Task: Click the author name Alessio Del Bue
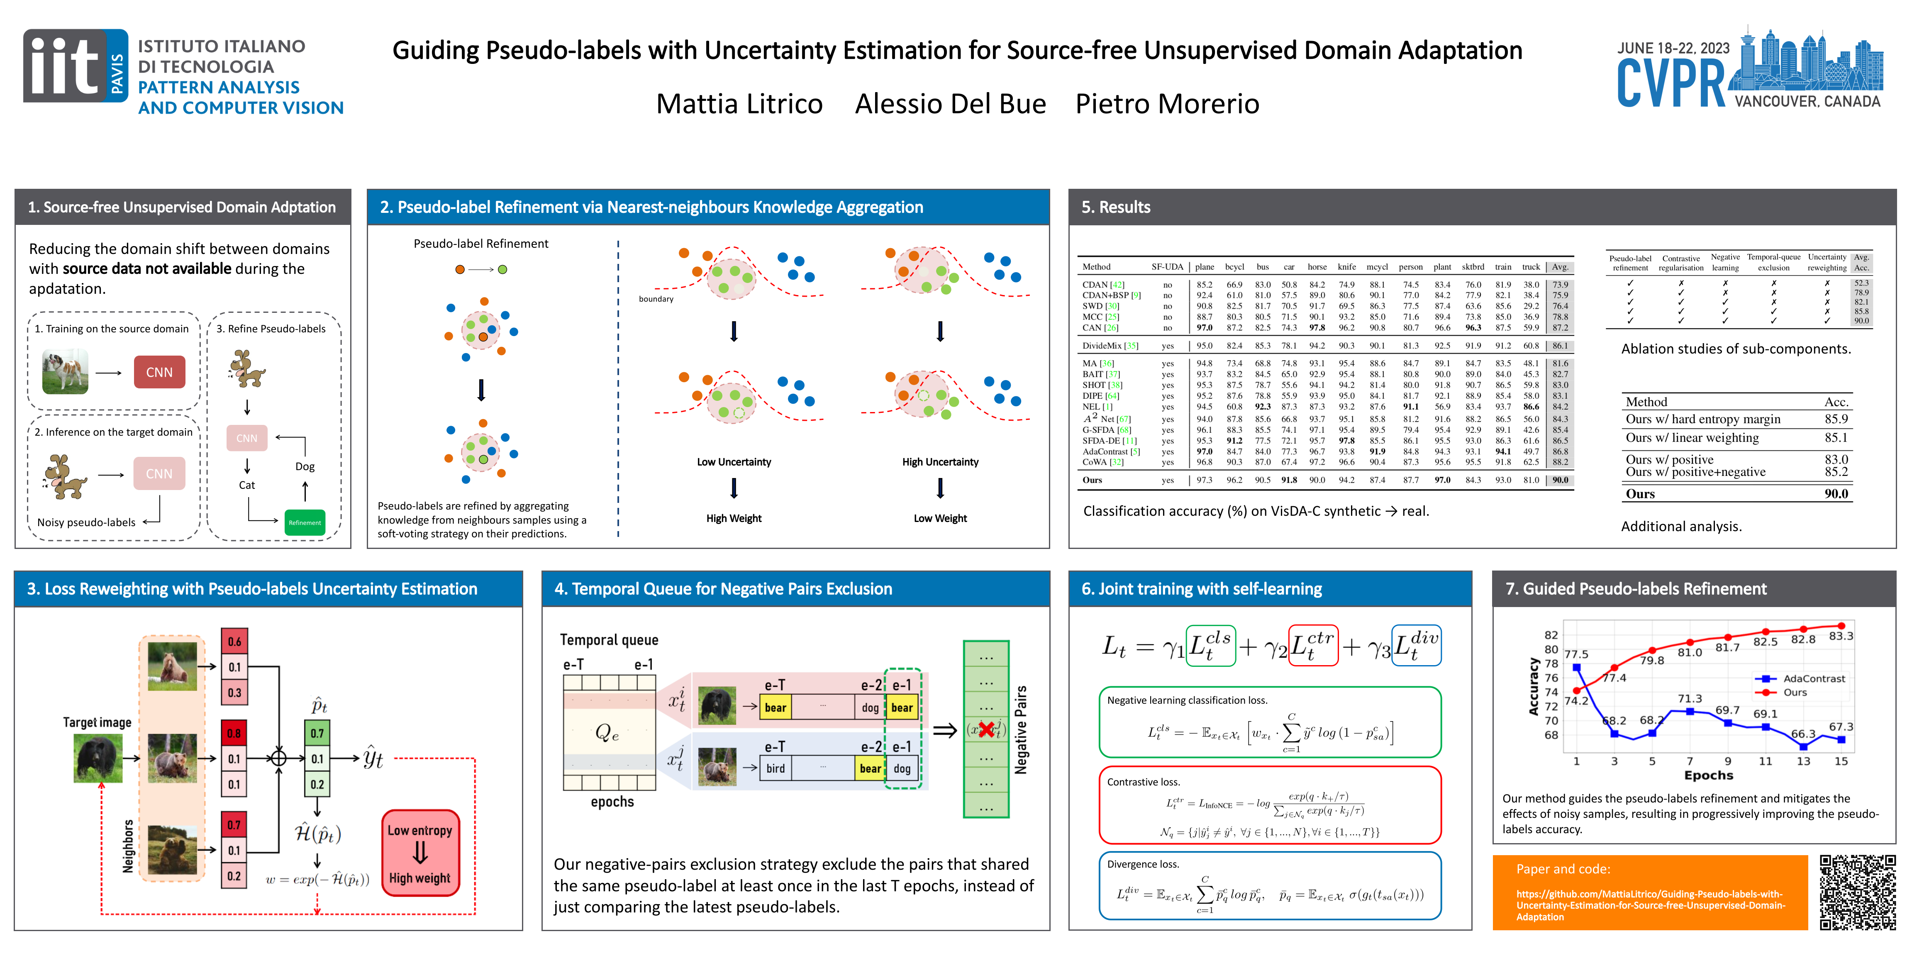[x=950, y=104]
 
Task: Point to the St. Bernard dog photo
[x=65, y=372]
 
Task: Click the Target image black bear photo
[x=98, y=758]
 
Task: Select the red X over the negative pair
[x=986, y=729]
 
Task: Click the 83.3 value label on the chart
[x=1841, y=636]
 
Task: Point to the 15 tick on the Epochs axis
[x=1841, y=761]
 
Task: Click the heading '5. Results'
[x=1116, y=207]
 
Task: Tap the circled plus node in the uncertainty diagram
[x=278, y=758]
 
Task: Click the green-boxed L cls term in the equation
[x=1210, y=646]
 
